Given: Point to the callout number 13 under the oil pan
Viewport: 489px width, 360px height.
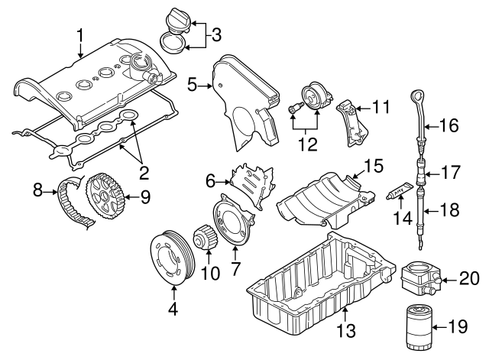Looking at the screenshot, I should (x=346, y=330).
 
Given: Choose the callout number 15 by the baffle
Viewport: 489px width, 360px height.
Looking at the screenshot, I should (x=372, y=164).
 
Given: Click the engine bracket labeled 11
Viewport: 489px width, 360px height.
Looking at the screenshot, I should (x=352, y=119).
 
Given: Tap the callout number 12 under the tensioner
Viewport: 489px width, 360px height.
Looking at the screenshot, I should (x=306, y=142).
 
